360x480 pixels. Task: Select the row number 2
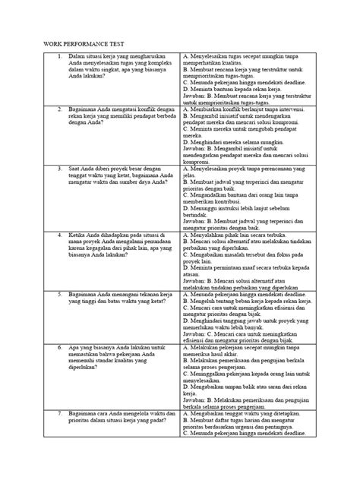(x=60, y=109)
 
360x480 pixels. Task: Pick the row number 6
(x=60, y=368)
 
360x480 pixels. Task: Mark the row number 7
(x=60, y=434)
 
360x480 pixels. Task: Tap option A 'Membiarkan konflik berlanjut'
(x=244, y=109)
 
